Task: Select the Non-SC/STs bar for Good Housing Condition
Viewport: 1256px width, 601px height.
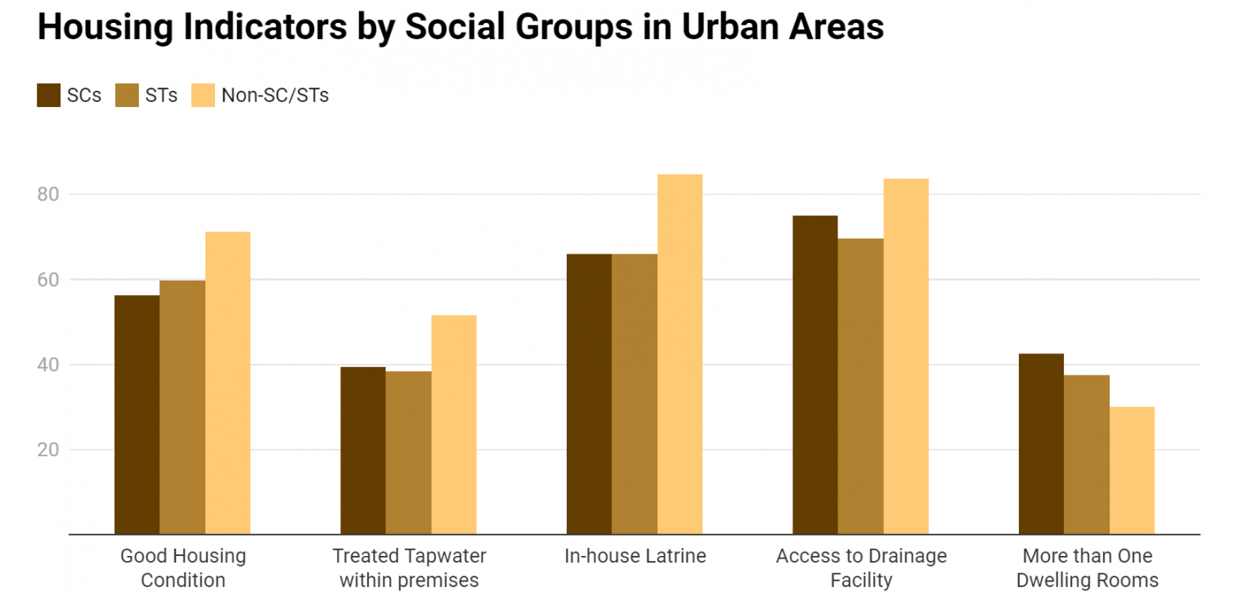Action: point(227,383)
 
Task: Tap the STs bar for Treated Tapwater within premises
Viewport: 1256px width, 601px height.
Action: point(408,453)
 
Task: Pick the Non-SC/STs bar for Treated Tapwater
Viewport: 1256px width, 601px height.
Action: point(454,425)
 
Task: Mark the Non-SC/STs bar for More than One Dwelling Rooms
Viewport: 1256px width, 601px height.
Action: point(1132,470)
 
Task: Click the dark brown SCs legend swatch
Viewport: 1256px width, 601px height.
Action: point(49,95)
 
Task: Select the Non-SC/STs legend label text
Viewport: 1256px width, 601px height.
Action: point(275,96)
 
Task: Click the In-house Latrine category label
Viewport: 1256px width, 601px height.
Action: point(635,557)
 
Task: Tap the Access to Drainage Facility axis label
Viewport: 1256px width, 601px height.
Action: point(861,568)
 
